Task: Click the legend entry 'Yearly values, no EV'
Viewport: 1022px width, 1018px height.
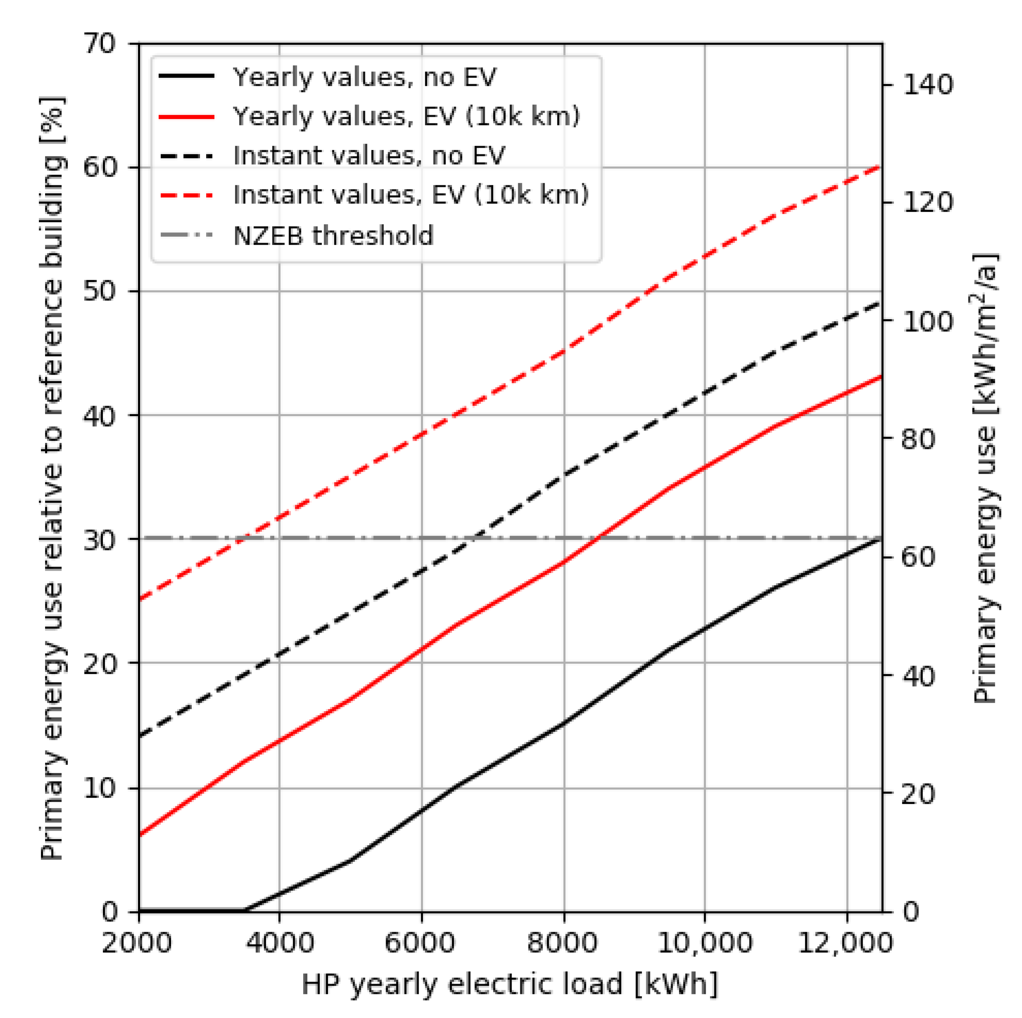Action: pyautogui.click(x=364, y=77)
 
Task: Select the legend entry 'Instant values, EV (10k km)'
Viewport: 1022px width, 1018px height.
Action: pyautogui.click(x=411, y=195)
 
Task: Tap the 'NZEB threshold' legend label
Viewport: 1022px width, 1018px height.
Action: pyautogui.click(x=333, y=235)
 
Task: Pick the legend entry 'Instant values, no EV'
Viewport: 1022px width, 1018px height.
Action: pyautogui.click(x=369, y=155)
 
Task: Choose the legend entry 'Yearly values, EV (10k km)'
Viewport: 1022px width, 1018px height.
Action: pyautogui.click(x=406, y=116)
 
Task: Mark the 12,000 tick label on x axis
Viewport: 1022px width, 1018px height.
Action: pyautogui.click(x=845, y=943)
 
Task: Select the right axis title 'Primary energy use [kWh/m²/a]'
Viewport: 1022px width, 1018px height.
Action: pyautogui.click(x=985, y=478)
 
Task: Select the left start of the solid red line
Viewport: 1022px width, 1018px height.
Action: pyautogui.click(x=140, y=835)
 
